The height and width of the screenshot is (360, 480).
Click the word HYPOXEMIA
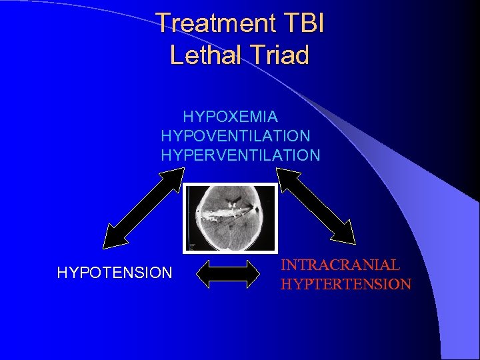(230, 117)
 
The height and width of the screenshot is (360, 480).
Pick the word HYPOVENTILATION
(235, 136)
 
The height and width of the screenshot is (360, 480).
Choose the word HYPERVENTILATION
(240, 155)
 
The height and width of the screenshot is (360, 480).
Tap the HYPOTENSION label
(115, 272)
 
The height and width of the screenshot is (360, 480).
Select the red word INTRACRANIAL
(340, 265)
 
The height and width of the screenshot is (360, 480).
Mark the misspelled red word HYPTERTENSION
(345, 285)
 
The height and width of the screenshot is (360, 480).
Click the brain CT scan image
(231, 218)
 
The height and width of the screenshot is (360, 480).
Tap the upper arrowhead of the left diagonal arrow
(175, 175)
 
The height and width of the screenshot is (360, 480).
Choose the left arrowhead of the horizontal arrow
(205, 273)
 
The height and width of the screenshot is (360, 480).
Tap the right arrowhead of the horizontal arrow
(255, 273)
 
